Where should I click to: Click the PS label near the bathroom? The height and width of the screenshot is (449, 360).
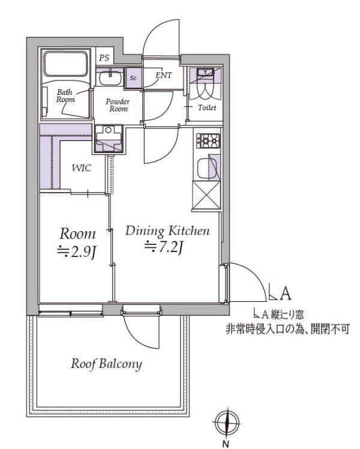(x=104, y=58)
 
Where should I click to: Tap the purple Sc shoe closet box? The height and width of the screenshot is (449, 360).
(x=133, y=79)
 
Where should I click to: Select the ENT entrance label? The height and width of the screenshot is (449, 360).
(x=163, y=76)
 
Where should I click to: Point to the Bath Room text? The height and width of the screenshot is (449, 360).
(x=65, y=96)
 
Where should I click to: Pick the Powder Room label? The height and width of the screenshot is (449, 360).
(x=118, y=106)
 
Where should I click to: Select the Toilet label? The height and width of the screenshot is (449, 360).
(x=208, y=107)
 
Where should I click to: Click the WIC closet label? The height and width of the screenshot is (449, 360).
(x=82, y=168)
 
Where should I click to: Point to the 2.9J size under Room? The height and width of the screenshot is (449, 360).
(x=77, y=252)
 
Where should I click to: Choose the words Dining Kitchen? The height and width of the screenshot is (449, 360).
(x=167, y=231)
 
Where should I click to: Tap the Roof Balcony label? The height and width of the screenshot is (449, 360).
(x=107, y=364)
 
